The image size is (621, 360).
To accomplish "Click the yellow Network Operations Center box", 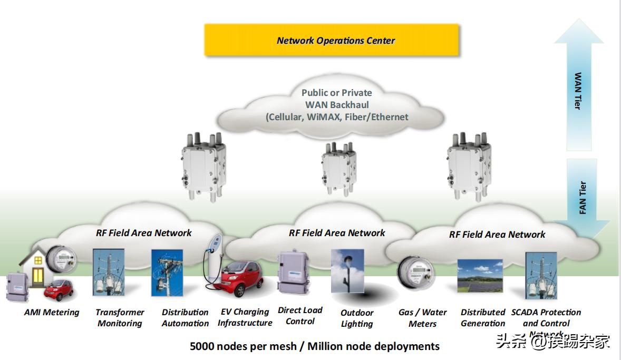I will click(x=332, y=40).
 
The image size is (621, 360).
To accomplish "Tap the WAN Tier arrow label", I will click(x=578, y=91).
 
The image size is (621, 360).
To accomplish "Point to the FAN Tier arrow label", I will click(x=583, y=198).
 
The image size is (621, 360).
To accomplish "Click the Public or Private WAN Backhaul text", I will click(x=336, y=105).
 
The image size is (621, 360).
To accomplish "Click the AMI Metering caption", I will click(x=52, y=313).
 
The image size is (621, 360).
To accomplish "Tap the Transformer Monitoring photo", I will click(x=109, y=271).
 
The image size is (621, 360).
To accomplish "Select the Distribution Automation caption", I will click(x=185, y=318).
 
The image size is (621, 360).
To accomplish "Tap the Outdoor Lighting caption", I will click(x=357, y=318).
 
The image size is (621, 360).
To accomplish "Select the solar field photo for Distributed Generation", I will click(x=480, y=275).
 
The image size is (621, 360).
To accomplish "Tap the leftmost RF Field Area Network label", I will click(x=143, y=232).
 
